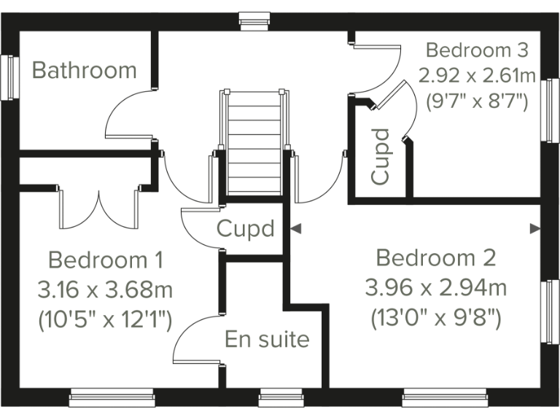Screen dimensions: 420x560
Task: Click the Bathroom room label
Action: coord(85,70)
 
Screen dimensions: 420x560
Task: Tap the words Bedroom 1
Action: coord(105,260)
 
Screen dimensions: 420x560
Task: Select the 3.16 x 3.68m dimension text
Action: coord(105,290)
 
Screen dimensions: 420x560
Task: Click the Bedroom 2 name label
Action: coord(436,257)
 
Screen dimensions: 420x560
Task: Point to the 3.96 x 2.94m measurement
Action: coord(436,288)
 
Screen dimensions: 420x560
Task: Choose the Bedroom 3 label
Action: coord(477,50)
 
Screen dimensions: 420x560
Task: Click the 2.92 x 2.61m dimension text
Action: coord(477,75)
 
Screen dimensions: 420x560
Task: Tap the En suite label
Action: coord(267,339)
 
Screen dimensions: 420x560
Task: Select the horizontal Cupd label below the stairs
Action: coord(246,229)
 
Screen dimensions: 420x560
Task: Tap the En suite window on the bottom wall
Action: coord(276,397)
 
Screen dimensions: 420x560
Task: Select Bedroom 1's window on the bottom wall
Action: coord(112,397)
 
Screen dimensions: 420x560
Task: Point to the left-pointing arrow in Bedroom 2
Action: coord(295,228)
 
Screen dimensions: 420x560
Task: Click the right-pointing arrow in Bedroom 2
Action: coord(534,228)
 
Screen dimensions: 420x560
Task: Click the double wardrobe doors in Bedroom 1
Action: coord(97,208)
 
